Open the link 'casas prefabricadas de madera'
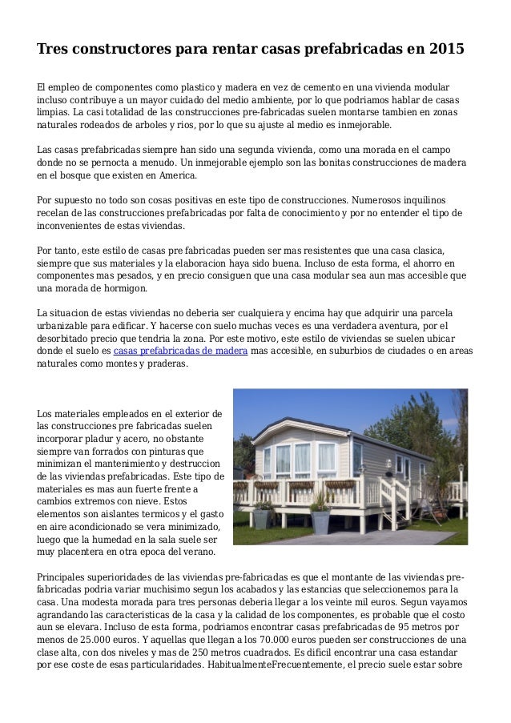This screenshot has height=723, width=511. [x=181, y=351]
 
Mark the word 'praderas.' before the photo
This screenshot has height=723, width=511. [x=167, y=364]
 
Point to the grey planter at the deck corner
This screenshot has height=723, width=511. [x=320, y=521]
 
